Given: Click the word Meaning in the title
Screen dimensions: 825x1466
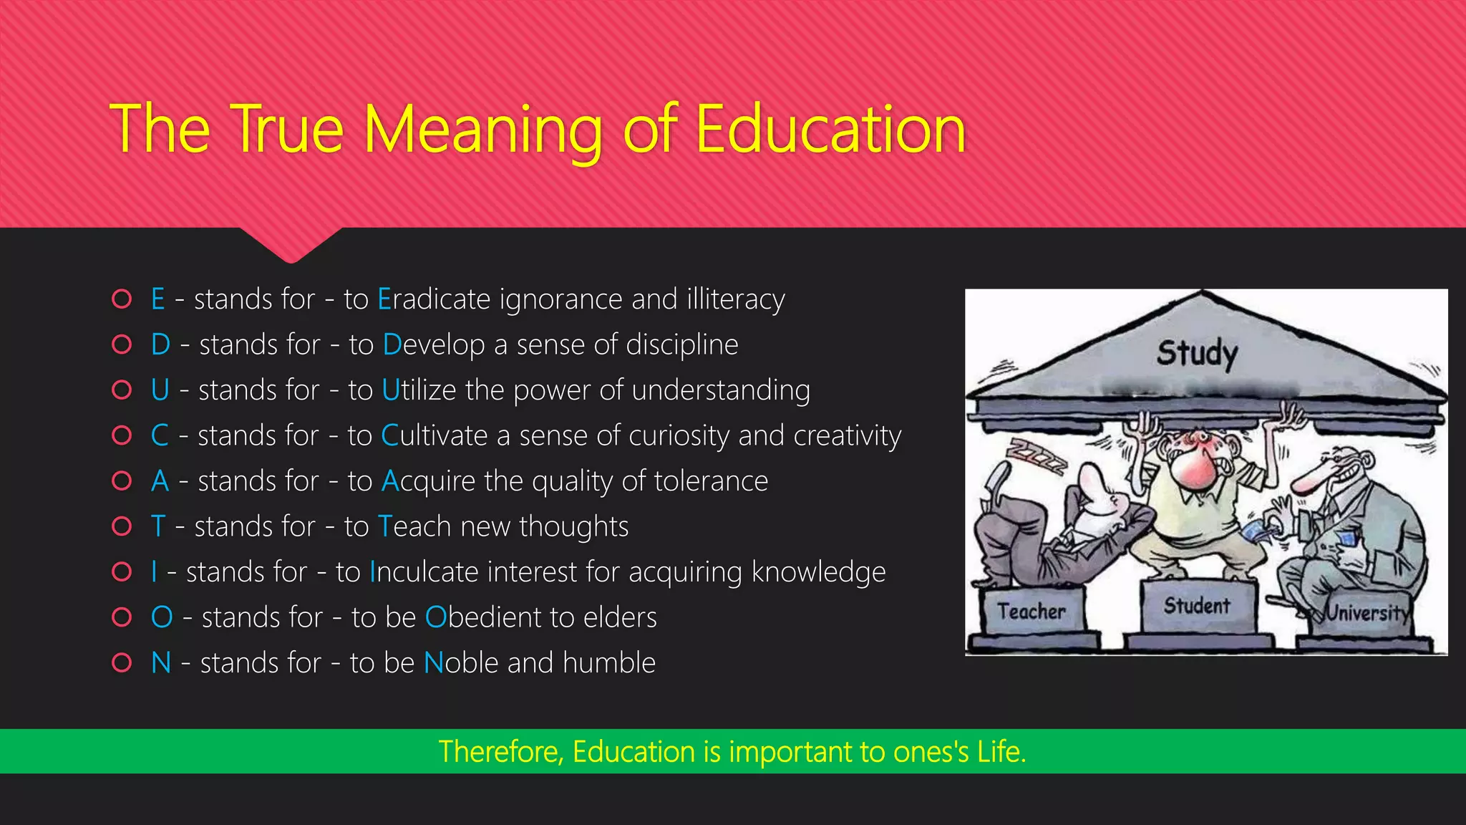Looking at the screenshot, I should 483,130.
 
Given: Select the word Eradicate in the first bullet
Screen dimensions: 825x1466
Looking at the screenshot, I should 434,299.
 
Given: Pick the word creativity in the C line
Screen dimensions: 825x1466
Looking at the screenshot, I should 848,436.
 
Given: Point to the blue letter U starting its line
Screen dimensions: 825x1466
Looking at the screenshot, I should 160,390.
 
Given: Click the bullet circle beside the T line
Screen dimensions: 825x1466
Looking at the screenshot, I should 122,526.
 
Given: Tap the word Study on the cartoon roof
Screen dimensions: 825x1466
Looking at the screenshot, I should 1197,354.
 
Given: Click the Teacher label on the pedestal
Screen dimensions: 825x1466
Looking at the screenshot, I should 1031,612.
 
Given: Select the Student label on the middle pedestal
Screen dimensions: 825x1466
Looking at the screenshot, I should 1196,606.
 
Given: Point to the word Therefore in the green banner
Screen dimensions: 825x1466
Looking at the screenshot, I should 501,752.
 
